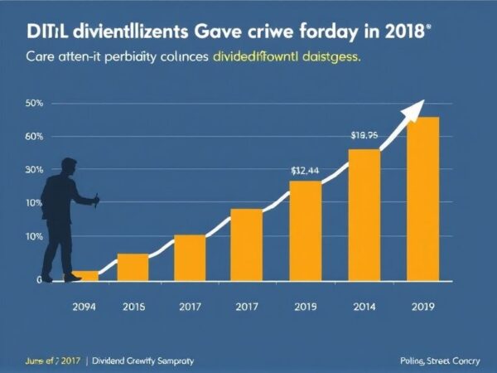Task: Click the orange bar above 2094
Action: click(86, 276)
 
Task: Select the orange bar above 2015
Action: click(133, 268)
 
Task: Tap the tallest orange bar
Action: click(422, 199)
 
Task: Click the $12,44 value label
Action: click(305, 170)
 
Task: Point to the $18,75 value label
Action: click(364, 135)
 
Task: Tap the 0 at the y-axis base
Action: click(39, 280)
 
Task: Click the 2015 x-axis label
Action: click(133, 307)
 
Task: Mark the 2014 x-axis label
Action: click(364, 307)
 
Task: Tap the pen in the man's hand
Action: click(97, 200)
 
